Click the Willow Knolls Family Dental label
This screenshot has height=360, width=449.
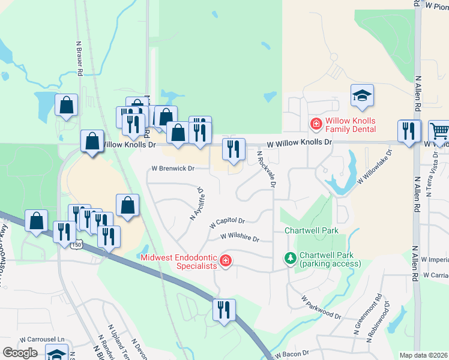coord(351,124)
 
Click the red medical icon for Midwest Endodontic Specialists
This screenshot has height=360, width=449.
coord(226,260)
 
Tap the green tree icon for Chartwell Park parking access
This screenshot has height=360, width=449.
coord(291,258)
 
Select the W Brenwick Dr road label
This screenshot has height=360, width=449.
coord(173,169)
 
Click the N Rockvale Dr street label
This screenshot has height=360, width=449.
coord(266,169)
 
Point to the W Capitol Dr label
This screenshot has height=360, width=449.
coord(228,223)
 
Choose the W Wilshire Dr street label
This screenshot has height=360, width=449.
coord(240,238)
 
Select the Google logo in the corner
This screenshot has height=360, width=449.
coord(20,353)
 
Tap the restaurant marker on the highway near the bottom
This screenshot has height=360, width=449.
coord(224,310)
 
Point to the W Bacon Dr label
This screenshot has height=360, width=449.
coord(289,353)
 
